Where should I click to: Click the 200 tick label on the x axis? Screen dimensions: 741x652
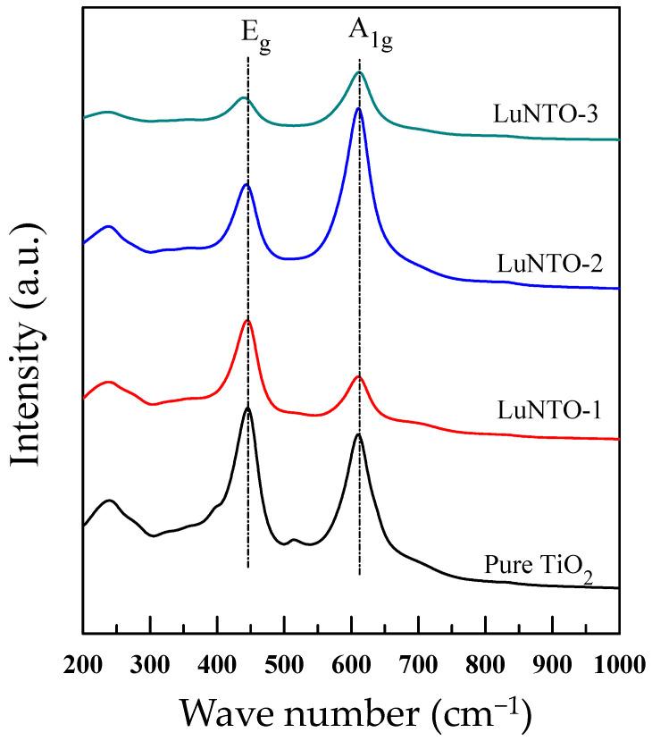83,663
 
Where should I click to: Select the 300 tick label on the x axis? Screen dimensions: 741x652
150,663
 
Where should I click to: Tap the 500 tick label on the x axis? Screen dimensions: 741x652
284,663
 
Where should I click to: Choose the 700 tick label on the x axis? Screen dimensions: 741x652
418,663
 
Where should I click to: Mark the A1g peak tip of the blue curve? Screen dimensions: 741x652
358,108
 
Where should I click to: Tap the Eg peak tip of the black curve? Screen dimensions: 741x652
247,408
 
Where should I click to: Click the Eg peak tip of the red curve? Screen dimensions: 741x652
247,320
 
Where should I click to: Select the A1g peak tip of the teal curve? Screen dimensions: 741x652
358,73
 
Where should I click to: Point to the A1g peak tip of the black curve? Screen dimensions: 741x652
358,434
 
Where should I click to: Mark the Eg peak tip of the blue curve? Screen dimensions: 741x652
247,183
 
